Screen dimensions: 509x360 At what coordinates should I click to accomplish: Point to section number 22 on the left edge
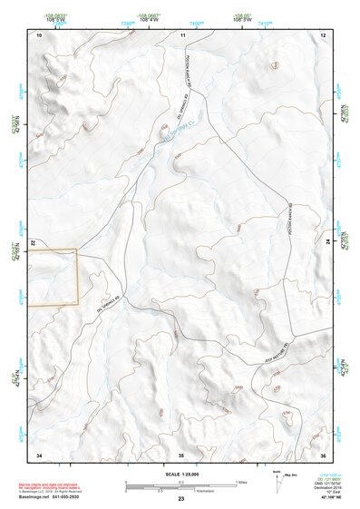point(33,243)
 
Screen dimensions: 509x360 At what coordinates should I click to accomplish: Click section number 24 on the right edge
point(328,243)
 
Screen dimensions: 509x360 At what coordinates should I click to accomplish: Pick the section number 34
point(39,454)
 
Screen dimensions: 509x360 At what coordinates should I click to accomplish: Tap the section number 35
point(181,454)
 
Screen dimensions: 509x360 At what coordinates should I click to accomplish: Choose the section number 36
point(323,454)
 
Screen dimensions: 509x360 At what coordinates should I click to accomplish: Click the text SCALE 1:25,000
point(180,474)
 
